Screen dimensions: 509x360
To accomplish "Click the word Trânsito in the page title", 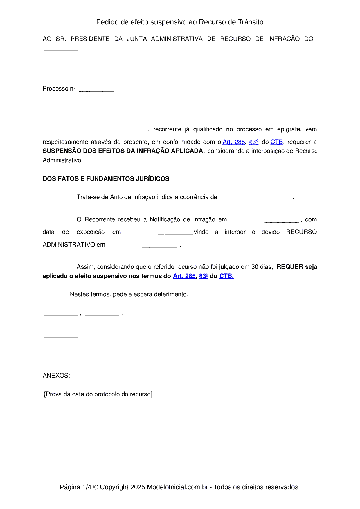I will point(251,22).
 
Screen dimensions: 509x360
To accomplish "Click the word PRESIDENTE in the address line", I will point(90,39).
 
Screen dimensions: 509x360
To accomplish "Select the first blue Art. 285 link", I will point(234,142).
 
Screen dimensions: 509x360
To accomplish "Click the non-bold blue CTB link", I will point(276,142).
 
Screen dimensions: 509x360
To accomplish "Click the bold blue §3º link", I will point(204,276).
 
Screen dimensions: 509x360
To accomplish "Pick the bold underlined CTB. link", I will point(226,276).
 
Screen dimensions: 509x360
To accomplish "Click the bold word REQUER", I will point(290,267).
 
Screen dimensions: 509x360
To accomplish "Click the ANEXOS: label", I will point(56,376).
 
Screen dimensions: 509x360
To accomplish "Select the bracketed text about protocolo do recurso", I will point(98,394).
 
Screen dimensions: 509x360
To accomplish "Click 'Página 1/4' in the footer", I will point(75,487).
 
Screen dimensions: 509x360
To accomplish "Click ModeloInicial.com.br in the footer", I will point(177,487).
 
